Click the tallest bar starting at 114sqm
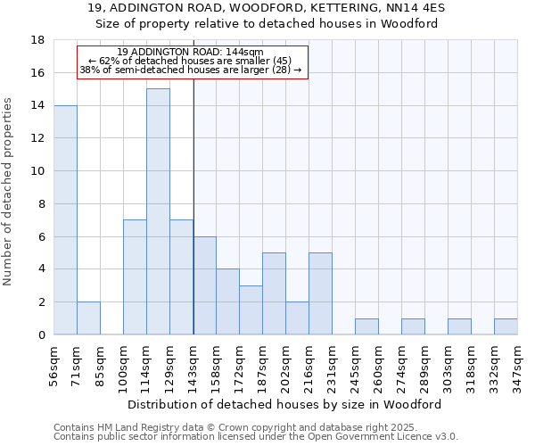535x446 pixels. [x=158, y=211]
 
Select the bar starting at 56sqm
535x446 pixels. [x=65, y=219]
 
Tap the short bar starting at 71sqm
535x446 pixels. [x=88, y=318]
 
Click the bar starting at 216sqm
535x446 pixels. [x=320, y=293]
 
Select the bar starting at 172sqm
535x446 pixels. [x=251, y=310]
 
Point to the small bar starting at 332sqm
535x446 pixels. [x=506, y=326]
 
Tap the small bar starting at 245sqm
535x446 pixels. [x=366, y=326]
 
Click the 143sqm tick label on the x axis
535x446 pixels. [x=193, y=366]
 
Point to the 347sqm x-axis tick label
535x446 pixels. [x=517, y=366]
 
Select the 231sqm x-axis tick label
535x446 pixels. [x=333, y=366]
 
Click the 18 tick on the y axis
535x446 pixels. [x=37, y=40]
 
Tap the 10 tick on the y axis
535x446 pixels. [x=37, y=171]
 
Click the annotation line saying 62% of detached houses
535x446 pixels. [x=191, y=61]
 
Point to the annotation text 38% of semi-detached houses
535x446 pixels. [x=191, y=70]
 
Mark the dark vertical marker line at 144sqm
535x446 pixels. [x=193, y=223]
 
